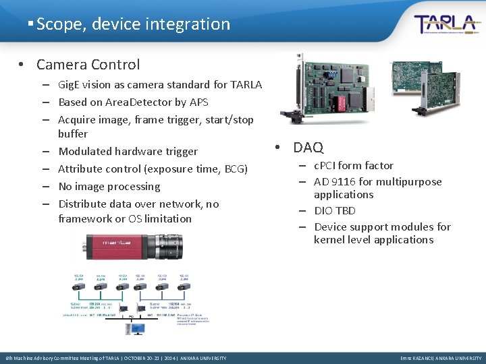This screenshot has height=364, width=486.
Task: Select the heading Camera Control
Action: click(88, 65)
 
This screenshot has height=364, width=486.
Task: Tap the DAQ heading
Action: click(308, 147)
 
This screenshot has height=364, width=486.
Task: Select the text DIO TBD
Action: click(335, 210)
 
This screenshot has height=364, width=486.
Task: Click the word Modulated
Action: click(85, 152)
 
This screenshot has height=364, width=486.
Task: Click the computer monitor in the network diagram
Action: click(138, 329)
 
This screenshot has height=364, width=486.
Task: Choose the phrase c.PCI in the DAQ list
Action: click(326, 165)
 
